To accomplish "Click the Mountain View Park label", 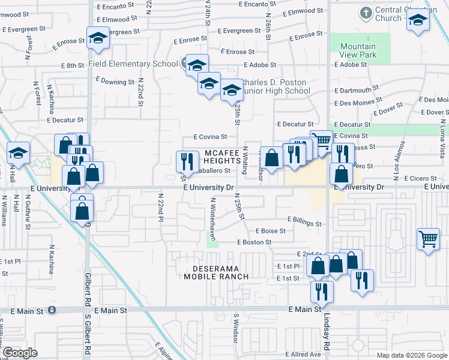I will (x=358, y=50).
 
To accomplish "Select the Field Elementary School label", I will (x=133, y=64).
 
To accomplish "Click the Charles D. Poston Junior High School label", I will (x=275, y=86).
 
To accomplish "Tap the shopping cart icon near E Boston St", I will (x=428, y=239).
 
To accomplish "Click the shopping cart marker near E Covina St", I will (x=322, y=141).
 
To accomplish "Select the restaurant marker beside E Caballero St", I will (x=187, y=161).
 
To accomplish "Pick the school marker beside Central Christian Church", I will (x=417, y=22).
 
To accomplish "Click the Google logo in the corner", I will (x=20, y=353).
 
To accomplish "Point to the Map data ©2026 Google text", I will (x=412, y=355).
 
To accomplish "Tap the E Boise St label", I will (x=270, y=230).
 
